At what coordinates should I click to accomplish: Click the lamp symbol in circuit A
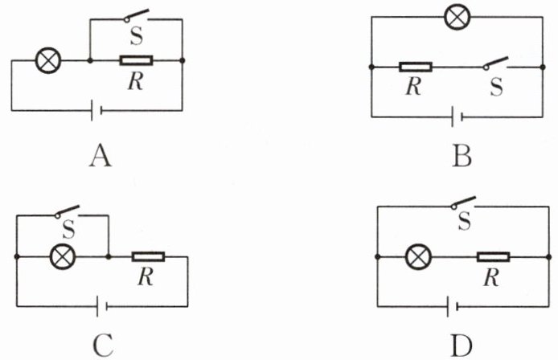[49, 60]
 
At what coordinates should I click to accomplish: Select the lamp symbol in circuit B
[457, 17]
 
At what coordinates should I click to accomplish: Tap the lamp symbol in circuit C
[63, 256]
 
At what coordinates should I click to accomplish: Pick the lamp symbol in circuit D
[418, 256]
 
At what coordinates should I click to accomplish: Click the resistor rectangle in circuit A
[137, 60]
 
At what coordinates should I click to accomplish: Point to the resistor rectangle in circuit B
[416, 67]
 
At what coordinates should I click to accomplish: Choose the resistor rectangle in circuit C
[149, 256]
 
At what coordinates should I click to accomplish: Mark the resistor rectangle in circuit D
[493, 256]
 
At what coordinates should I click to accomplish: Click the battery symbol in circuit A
[96, 110]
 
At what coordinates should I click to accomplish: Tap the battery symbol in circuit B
[457, 117]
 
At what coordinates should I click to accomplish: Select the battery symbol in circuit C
[102, 306]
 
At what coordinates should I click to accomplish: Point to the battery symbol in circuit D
[452, 306]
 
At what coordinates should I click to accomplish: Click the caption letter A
[101, 157]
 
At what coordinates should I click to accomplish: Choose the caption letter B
[462, 157]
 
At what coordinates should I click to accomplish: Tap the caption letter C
[103, 346]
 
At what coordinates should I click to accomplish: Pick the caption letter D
[462, 346]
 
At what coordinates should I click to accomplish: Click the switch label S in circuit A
[137, 36]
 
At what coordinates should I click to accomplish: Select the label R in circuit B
[413, 86]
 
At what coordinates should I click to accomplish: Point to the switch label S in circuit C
[68, 230]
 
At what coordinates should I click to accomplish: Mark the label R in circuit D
[491, 277]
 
